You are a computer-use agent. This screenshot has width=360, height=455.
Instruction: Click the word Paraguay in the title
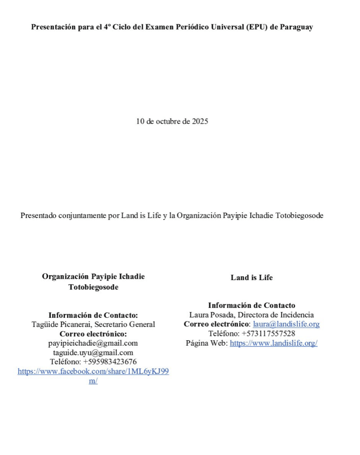[296, 27]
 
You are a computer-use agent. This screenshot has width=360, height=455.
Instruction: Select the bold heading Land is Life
[252, 278]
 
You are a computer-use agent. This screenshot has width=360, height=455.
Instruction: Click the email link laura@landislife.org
[286, 324]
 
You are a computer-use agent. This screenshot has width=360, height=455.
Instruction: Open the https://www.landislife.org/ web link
[273, 343]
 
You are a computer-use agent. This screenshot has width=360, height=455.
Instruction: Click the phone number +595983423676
[110, 362]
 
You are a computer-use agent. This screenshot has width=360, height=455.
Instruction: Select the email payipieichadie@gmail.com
[93, 343]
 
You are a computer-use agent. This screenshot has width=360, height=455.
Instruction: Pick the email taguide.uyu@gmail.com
[93, 353]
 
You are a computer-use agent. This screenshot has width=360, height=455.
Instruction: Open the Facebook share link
[93, 372]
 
